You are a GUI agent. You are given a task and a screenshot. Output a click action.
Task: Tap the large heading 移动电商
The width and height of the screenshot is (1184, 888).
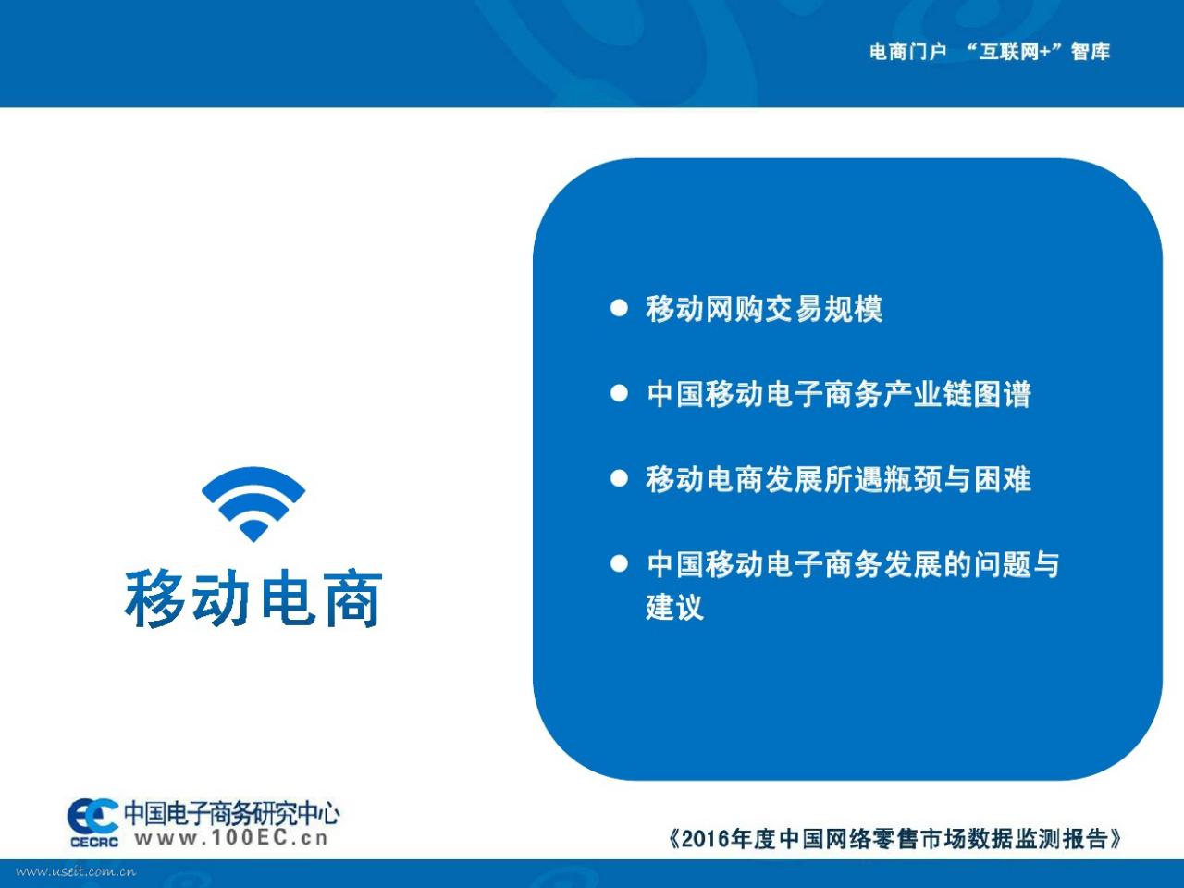(253, 598)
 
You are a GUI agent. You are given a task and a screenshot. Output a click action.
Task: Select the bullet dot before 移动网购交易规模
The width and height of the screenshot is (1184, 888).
(619, 308)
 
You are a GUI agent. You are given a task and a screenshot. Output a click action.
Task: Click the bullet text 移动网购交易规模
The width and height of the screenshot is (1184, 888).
(764, 309)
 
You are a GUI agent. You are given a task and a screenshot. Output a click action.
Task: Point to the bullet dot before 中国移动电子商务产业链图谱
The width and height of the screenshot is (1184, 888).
(619, 393)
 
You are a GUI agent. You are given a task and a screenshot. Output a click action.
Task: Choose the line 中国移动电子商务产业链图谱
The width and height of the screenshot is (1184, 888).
(839, 394)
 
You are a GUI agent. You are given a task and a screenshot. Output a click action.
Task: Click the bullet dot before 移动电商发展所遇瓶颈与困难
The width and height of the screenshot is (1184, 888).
(619, 478)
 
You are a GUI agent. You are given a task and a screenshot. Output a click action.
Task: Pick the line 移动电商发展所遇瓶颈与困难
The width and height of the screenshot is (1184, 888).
(838, 479)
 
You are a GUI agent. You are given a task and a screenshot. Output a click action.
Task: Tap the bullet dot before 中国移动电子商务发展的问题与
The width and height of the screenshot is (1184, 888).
(619, 563)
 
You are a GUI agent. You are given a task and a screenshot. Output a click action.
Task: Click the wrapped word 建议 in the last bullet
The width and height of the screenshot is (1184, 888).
(675, 607)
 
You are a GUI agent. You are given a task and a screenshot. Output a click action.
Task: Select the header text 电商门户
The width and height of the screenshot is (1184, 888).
(907, 52)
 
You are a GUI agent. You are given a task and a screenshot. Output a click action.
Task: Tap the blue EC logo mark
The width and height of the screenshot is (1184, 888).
(92, 816)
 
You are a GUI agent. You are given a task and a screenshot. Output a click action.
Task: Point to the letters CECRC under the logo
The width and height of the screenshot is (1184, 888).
(94, 842)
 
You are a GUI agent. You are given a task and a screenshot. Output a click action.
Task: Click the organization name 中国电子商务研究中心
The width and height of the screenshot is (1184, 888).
(232, 814)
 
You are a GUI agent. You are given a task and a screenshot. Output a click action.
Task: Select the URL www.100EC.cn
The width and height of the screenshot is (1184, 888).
(231, 838)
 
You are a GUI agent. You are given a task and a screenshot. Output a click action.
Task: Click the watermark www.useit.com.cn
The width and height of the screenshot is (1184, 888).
(76, 871)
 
